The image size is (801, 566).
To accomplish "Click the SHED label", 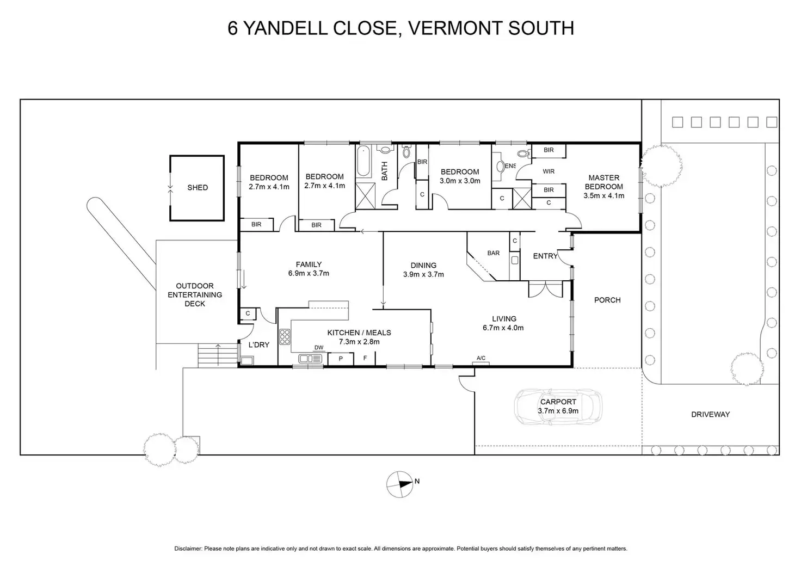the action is (198, 188).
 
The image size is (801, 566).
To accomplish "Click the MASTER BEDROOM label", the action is (603, 182).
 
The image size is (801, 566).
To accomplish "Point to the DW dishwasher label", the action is (319, 348).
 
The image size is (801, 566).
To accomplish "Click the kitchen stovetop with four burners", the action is (285, 337).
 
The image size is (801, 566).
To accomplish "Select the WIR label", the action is (549, 171).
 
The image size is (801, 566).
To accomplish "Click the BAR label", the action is (494, 253).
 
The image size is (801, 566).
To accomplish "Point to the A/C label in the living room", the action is (481, 358).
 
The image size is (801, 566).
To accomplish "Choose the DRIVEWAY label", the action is (710, 415).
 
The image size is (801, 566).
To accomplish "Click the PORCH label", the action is (607, 300).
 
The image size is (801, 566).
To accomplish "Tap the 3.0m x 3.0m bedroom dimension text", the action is (460, 181).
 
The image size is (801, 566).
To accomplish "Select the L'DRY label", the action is (259, 345).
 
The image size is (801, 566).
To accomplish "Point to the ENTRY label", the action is (545, 256).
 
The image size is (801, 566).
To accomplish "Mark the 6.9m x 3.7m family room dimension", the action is (309, 274).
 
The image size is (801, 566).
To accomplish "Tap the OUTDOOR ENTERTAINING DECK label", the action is (195, 295).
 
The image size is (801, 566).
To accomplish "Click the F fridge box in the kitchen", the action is (366, 359).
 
